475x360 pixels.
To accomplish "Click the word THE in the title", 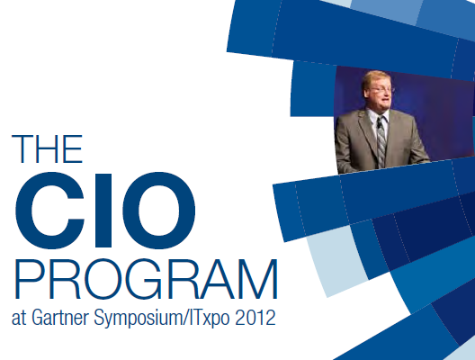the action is tap(47, 148).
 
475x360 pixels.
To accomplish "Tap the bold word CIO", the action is tap(105, 211).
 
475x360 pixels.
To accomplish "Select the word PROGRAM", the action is tap(146, 279).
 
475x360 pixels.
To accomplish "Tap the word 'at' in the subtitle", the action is tap(19, 319).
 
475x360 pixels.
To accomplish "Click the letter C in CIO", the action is tap(49, 211).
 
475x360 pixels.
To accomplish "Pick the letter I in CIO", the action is tap(103, 211).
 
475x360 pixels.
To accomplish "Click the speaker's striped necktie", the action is tap(381, 142).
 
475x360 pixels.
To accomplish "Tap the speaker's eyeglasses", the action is tap(380, 89).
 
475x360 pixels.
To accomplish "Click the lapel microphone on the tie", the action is tap(379, 124).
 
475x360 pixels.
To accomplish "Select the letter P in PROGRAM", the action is tap(29, 279).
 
